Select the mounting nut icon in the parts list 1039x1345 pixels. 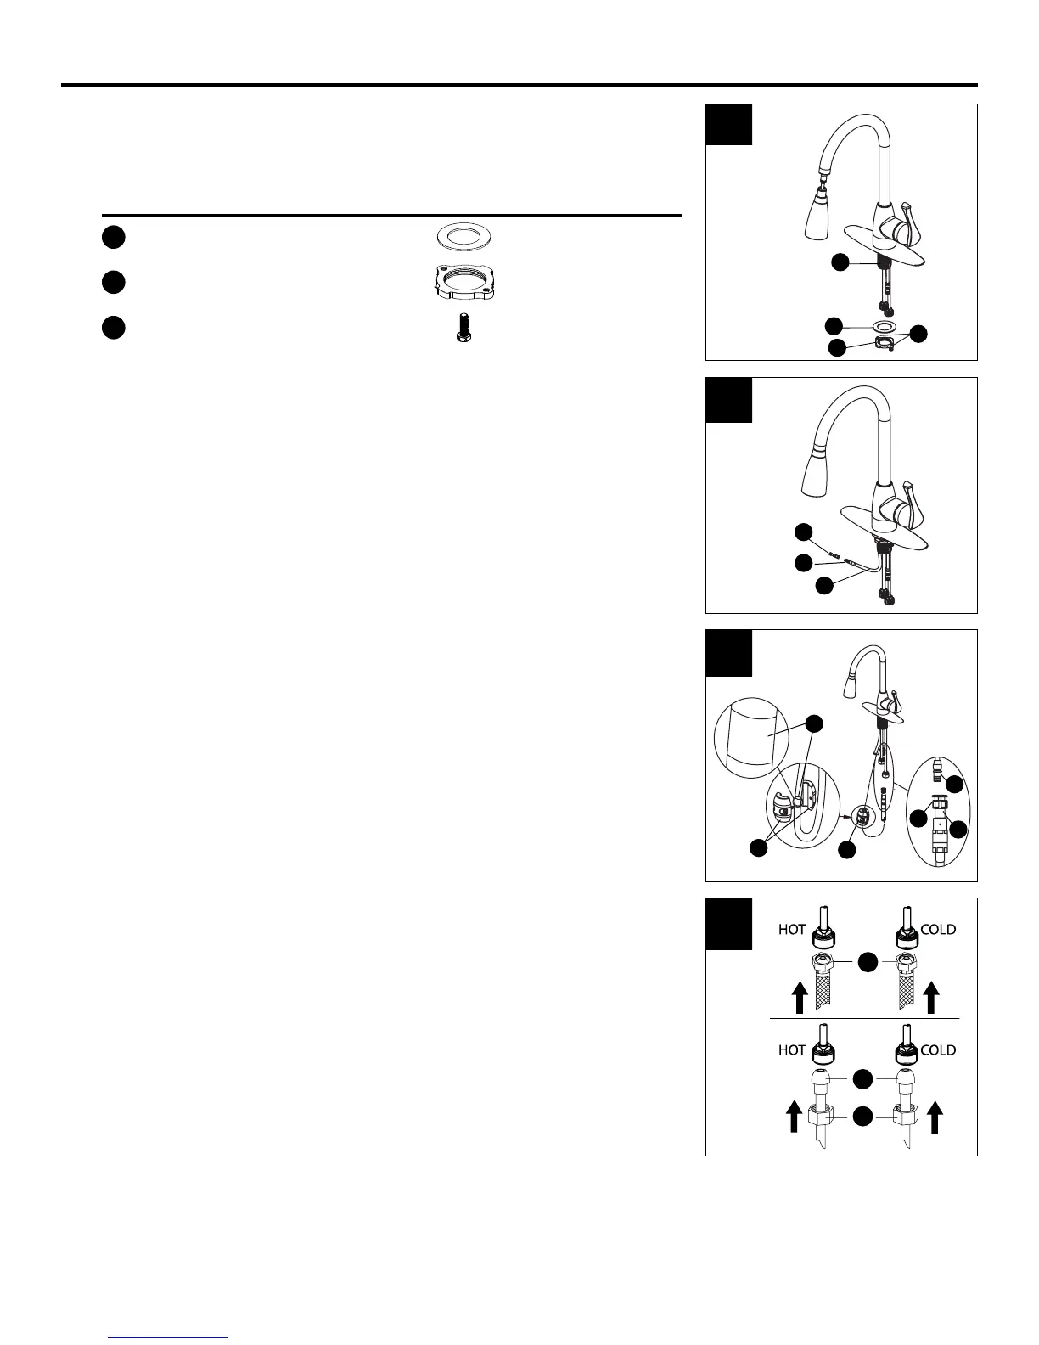(x=460, y=281)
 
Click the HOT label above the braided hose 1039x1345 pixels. (x=792, y=929)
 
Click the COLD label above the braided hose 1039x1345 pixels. (x=938, y=929)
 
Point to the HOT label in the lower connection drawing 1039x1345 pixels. (x=792, y=1050)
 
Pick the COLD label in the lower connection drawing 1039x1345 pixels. (x=938, y=1050)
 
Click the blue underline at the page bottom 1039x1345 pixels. (x=169, y=1337)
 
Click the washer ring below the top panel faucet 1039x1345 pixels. (x=884, y=327)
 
